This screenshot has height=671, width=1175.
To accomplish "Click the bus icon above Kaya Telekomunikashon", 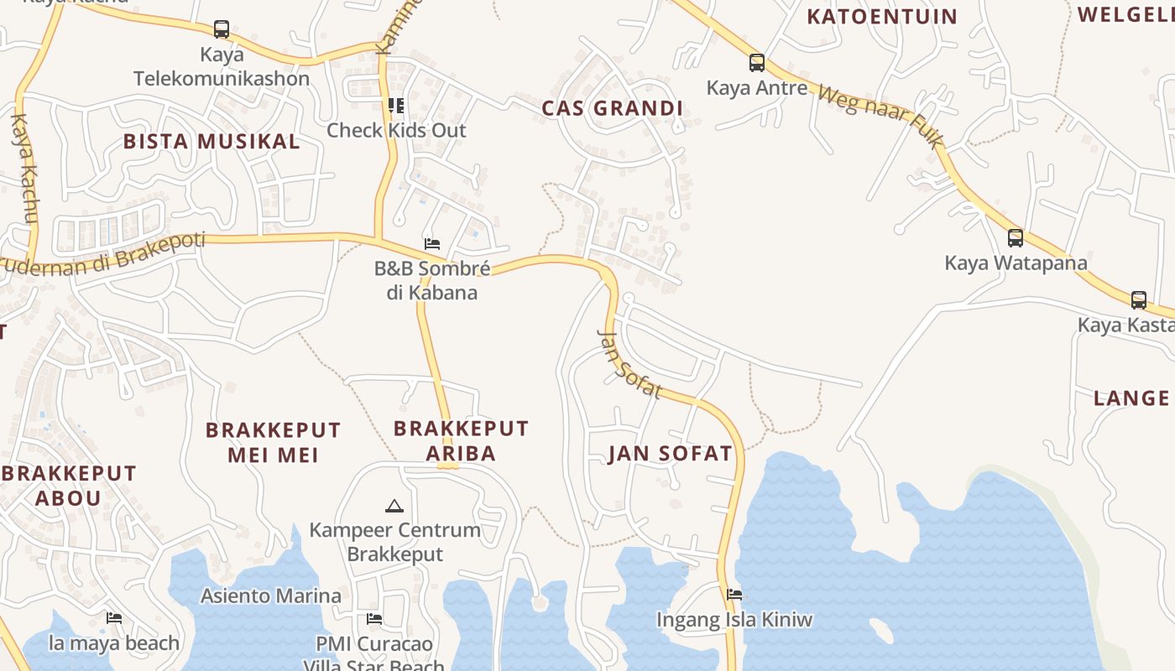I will click(222, 29).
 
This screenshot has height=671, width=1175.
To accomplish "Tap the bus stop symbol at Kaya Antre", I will click(756, 62).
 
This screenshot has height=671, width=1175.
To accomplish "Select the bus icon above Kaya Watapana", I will click(1015, 237).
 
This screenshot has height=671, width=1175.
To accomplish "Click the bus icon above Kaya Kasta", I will click(1138, 299).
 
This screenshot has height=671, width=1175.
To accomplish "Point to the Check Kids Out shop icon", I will click(395, 105).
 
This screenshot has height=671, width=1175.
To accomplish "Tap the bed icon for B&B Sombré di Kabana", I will click(432, 244).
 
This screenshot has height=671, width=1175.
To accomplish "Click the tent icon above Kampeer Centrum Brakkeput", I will click(394, 506).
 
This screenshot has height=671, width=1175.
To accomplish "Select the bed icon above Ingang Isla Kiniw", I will click(734, 595).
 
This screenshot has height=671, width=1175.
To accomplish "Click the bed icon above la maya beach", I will click(114, 618).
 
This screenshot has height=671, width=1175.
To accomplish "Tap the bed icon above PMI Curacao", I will click(374, 619).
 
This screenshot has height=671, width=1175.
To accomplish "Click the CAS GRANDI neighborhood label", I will click(612, 108).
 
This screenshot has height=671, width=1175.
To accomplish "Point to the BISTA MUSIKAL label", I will click(211, 141).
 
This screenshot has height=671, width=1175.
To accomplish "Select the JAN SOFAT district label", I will click(670, 454).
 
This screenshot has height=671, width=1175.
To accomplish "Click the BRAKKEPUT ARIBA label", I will click(461, 440).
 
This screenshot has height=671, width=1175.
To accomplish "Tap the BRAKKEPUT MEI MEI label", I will click(274, 442).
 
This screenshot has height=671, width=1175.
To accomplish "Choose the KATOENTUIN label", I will click(881, 16).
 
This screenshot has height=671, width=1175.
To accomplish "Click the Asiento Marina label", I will click(270, 596).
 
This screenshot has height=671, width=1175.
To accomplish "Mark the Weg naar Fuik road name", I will click(880, 117).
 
